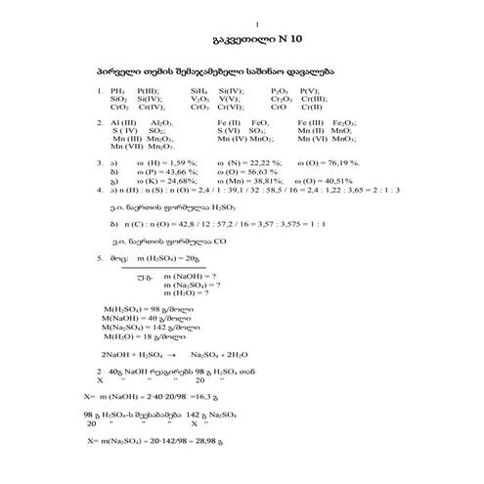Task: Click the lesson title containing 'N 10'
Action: pos(242,42)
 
